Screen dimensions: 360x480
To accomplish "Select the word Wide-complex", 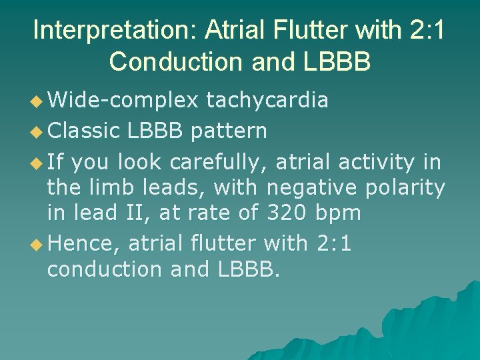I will click(123, 100).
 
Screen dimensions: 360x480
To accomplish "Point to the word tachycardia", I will click(267, 100).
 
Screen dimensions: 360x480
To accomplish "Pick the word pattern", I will click(229, 131).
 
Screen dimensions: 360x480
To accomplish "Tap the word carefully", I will click(217, 161).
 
